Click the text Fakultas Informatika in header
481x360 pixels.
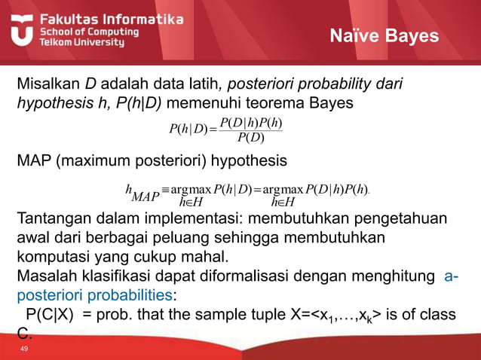point(111,18)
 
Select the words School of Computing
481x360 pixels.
point(89,32)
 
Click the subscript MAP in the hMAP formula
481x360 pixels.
point(145,197)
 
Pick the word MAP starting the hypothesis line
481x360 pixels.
point(34,160)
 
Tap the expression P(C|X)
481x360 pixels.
point(51,315)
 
